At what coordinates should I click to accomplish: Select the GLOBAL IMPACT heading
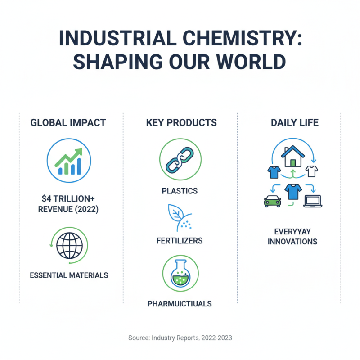click(x=68, y=122)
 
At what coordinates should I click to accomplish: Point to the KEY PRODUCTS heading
click(x=181, y=122)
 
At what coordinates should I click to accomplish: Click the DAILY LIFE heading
click(x=295, y=122)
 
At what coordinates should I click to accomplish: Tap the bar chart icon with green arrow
click(x=69, y=160)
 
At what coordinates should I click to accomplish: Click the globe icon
click(x=69, y=245)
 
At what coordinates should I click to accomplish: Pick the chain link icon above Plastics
click(x=180, y=160)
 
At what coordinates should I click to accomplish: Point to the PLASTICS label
click(x=180, y=191)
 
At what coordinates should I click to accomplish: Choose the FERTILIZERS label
click(x=180, y=241)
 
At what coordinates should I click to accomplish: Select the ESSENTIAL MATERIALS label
click(x=69, y=275)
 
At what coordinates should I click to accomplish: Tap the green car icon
click(x=272, y=201)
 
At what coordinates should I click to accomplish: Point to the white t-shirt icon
click(x=311, y=171)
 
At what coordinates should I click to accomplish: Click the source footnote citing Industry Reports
click(x=180, y=337)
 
